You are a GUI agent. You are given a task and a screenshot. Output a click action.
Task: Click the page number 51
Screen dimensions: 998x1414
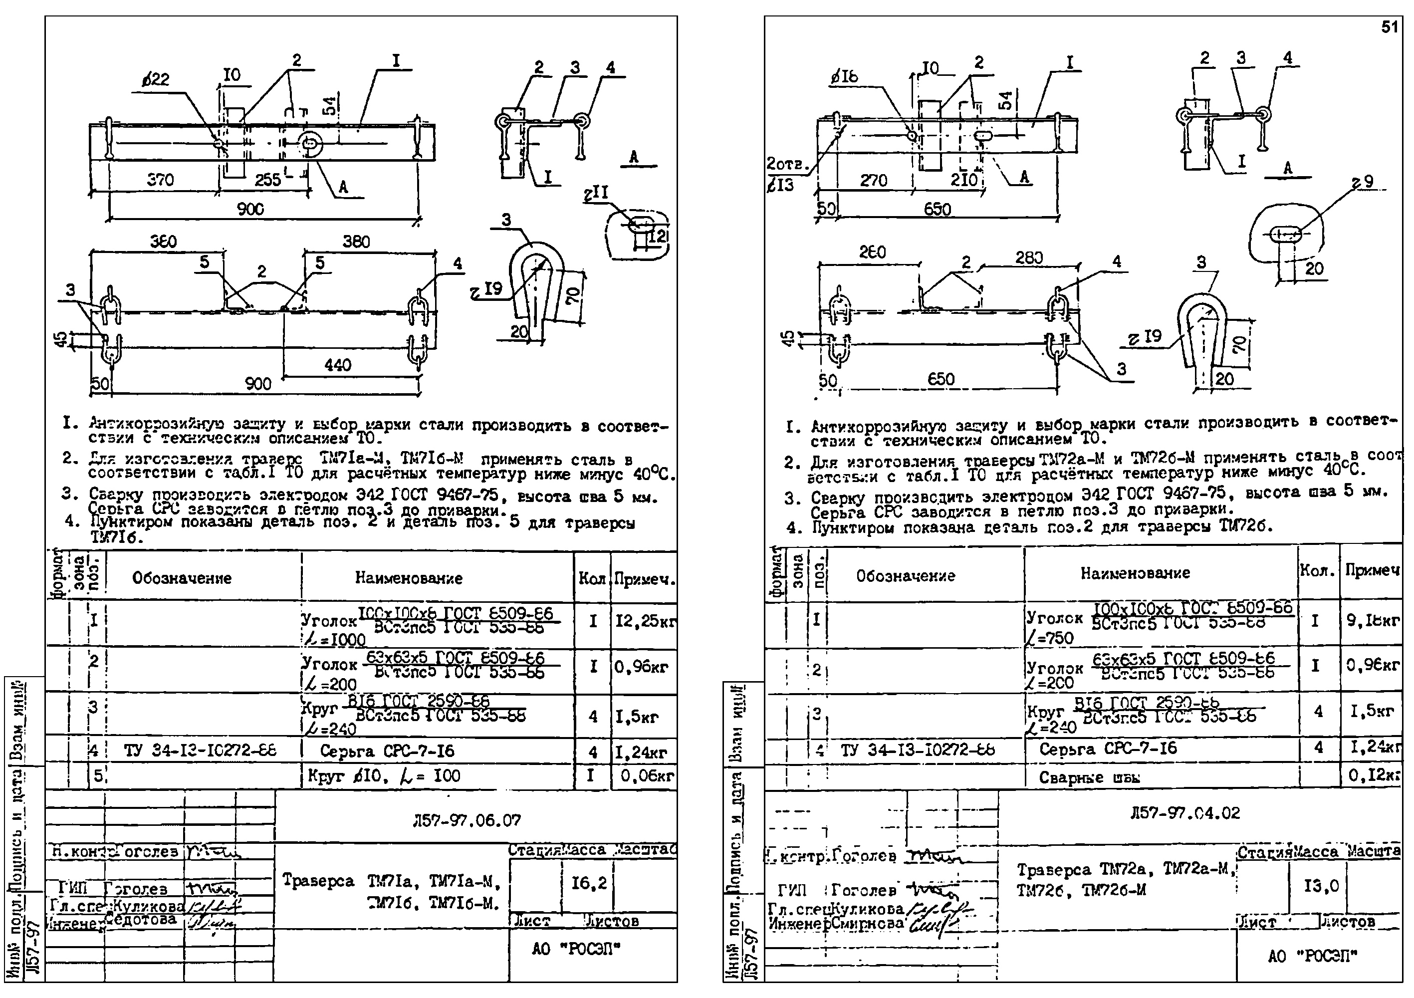(x=1390, y=28)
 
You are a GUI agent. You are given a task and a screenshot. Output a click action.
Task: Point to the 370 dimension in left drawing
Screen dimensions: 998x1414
(x=160, y=180)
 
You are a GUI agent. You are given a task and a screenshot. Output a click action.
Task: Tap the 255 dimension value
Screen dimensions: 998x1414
(x=268, y=180)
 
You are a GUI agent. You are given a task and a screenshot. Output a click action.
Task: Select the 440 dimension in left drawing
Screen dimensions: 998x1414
(x=337, y=365)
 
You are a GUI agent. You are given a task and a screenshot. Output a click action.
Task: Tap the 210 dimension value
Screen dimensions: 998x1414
(x=964, y=180)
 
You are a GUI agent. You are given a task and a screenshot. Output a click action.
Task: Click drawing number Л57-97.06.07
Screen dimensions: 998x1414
(x=468, y=820)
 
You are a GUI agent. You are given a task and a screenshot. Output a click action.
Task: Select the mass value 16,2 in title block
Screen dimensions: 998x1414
(x=589, y=883)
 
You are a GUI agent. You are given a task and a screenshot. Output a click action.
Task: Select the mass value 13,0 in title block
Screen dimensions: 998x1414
(x=1321, y=887)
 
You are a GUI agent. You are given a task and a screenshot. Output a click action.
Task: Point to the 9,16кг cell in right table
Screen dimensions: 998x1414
(x=1373, y=620)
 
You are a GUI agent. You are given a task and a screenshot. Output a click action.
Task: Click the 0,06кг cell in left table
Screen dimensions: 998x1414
(x=647, y=776)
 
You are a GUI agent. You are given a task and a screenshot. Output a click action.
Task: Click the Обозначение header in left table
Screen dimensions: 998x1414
(x=182, y=578)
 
